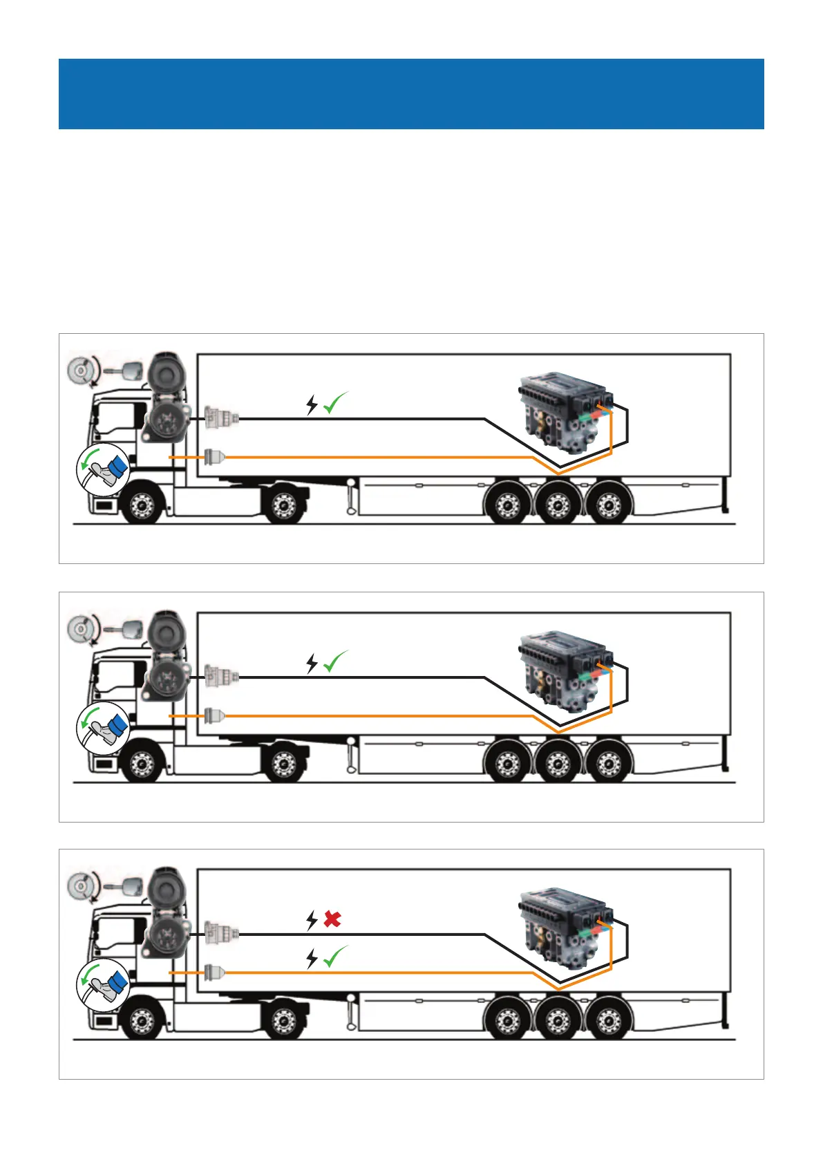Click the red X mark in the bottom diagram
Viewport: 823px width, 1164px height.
[332, 919]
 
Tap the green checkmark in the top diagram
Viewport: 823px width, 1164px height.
[335, 404]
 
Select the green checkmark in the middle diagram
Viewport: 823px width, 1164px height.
[335, 662]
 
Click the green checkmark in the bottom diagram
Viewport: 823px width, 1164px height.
[335, 957]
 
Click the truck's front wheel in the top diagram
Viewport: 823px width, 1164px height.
[142, 506]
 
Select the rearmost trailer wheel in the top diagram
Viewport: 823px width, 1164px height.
[609, 506]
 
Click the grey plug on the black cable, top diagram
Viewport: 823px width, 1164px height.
[222, 418]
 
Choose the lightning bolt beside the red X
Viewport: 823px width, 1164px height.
[312, 920]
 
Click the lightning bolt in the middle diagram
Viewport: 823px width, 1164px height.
[312, 664]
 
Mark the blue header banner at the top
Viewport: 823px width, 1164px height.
[411, 94]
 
